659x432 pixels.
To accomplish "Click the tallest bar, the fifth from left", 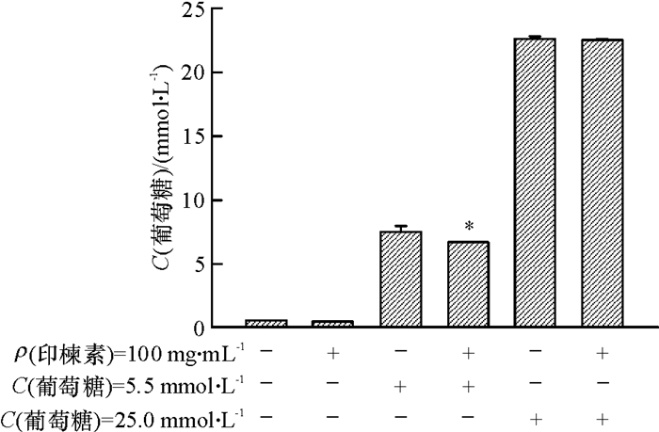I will click(535, 184).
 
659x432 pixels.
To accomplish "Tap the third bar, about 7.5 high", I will click(400, 280).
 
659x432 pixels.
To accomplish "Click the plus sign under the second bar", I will click(332, 355).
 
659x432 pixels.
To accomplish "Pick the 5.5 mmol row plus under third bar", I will click(400, 385).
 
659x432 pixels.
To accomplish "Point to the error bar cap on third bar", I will click(400, 226).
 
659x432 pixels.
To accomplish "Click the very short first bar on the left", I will click(265, 324).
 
